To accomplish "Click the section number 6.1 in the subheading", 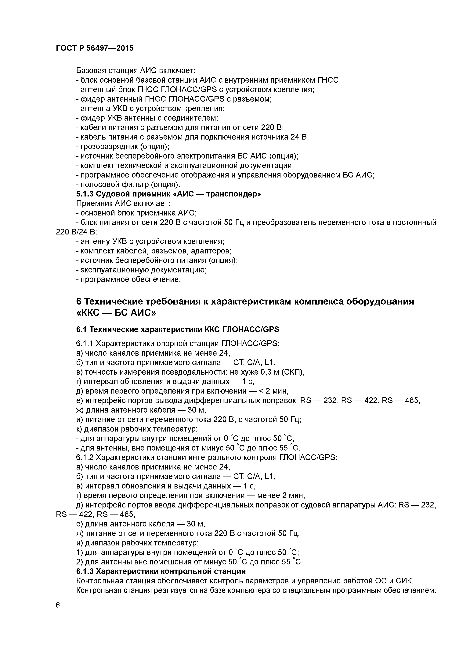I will [82, 330].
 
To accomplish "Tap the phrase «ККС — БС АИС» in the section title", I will [116, 313].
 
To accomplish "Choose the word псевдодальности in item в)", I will [174, 372].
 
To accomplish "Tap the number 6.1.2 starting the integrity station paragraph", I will [85, 457].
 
